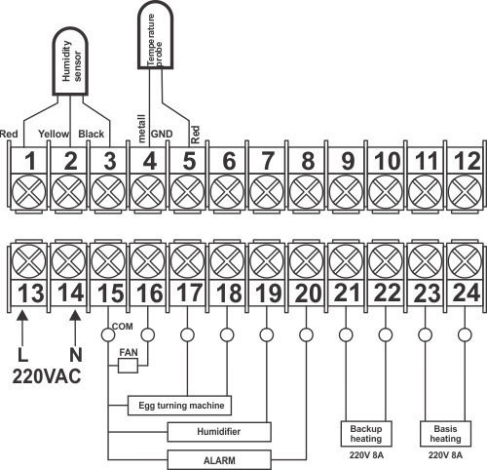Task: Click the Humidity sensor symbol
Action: pos(70,61)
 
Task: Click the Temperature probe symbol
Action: pos(155,35)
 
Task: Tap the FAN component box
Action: pos(128,366)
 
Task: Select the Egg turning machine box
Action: pos(179,406)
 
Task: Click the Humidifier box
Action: pos(219,432)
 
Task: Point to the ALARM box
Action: pos(219,460)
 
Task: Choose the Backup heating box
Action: pos(366,434)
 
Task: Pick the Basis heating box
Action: pos(445,434)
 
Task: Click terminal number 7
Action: pos(268,161)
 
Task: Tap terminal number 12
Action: pos(468,161)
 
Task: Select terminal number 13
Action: pos(30,294)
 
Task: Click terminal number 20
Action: pos(308,294)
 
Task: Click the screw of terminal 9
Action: pos(346,192)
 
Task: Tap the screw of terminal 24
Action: pos(465,261)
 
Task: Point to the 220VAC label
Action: pos(47,377)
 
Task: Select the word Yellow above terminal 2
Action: pos(54,134)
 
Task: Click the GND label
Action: pos(162,134)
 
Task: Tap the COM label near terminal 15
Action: pos(122,326)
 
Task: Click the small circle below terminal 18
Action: pos(227,334)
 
